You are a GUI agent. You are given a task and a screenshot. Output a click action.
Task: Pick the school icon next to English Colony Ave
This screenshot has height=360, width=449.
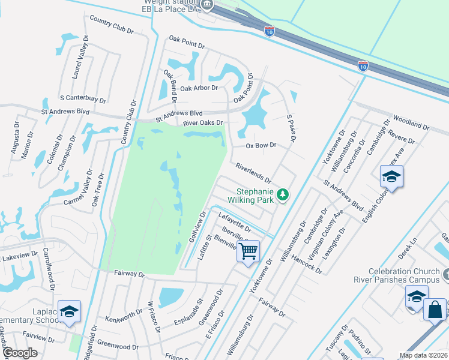coord(391,176)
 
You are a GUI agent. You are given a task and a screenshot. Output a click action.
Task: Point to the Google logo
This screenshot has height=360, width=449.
coord(20,353)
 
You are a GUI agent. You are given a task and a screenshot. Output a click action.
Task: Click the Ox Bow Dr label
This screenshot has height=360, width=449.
coord(261,145)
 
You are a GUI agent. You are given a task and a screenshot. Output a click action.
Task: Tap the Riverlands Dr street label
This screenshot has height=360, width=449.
coord(253,173)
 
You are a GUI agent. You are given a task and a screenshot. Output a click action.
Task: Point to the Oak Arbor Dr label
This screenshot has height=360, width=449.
coord(199,88)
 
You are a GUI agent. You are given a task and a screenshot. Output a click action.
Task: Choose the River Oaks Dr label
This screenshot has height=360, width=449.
coord(203,123)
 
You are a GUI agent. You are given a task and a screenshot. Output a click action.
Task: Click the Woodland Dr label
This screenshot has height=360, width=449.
coord(411,123)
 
